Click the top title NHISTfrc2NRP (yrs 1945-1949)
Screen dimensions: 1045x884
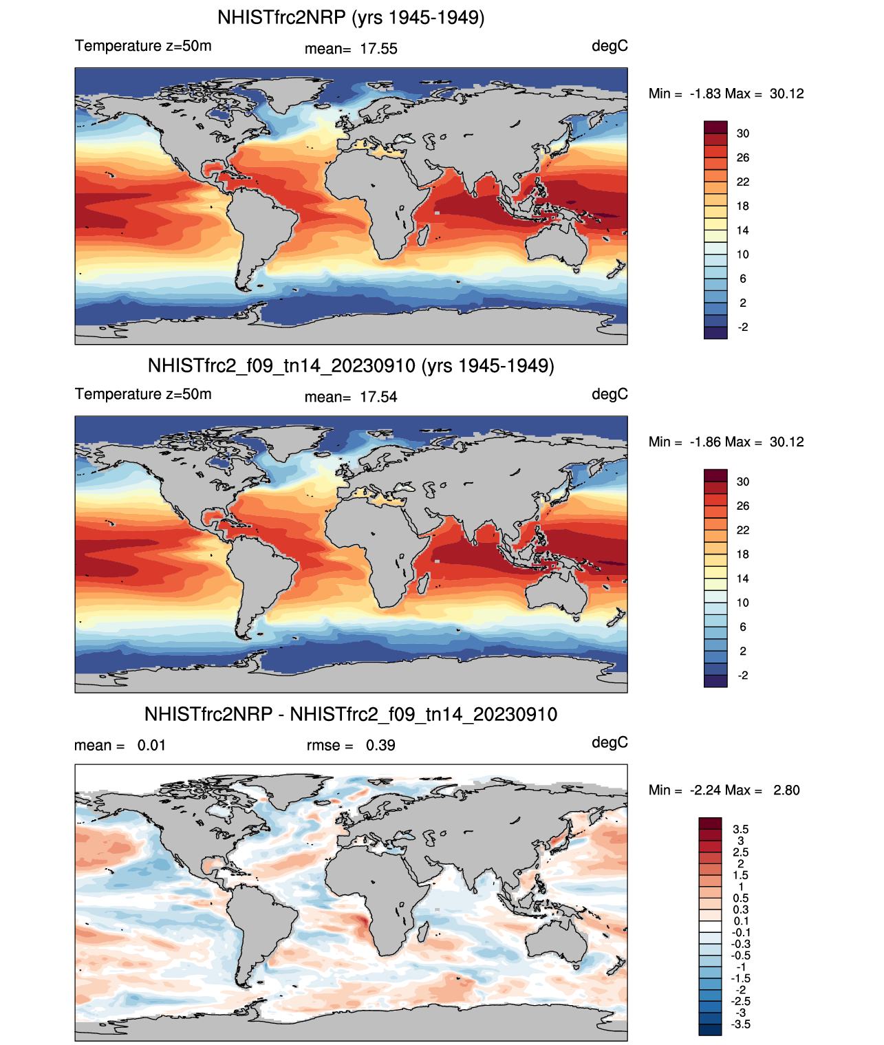tap(351, 17)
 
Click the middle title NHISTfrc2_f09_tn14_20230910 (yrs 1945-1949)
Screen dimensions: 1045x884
tap(351, 365)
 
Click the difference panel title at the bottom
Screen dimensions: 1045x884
tap(351, 714)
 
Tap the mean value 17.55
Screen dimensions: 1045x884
tap(378, 49)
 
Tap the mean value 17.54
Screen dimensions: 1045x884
tap(378, 397)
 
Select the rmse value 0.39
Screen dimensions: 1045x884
tap(380, 745)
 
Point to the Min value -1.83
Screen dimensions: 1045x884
tap(705, 94)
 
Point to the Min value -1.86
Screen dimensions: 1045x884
tap(705, 442)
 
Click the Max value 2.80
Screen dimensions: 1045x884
tap(786, 790)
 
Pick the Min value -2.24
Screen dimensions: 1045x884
tap(705, 790)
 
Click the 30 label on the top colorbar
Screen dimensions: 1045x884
tap(743, 133)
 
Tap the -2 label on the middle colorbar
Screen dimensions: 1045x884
tap(743, 676)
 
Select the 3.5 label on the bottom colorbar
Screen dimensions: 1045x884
tap(741, 830)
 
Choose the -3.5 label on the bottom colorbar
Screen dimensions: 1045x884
tap(741, 1024)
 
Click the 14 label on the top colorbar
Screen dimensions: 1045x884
tap(743, 230)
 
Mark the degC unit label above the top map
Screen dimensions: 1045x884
tap(610, 46)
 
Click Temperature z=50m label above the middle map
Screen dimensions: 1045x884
tap(143, 394)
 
